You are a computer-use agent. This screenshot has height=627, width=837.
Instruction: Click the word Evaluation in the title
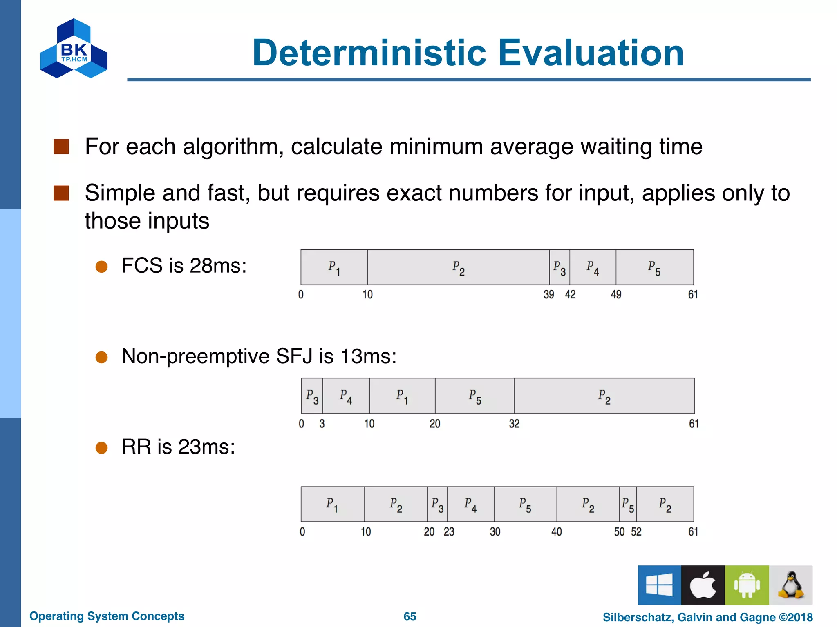(x=591, y=53)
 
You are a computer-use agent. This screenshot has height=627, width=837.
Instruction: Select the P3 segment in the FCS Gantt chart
(x=559, y=267)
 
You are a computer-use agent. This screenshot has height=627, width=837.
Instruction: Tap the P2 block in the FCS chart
(x=458, y=267)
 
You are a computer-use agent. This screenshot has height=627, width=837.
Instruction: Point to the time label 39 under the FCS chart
(x=548, y=295)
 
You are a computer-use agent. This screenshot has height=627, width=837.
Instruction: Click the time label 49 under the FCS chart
(x=616, y=295)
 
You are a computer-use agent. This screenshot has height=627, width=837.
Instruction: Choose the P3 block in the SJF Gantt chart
(x=312, y=396)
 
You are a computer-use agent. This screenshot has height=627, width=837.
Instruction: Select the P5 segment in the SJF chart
(x=474, y=396)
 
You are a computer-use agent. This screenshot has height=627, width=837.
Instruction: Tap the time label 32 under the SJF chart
(x=514, y=424)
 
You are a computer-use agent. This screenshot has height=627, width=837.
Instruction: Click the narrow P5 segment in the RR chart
(x=628, y=505)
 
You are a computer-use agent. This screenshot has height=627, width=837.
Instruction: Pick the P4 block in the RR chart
(x=470, y=505)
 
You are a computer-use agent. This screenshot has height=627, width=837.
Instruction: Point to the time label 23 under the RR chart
(x=449, y=532)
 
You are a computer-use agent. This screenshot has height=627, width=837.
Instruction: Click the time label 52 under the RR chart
(x=636, y=532)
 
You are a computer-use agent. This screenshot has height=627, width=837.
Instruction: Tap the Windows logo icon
(x=659, y=585)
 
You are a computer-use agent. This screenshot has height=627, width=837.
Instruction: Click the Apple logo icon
(x=703, y=585)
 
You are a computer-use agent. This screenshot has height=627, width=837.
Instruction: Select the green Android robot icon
(x=747, y=585)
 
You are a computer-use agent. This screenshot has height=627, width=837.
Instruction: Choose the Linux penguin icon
(x=791, y=585)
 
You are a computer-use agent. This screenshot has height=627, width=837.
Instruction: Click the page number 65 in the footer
(x=410, y=616)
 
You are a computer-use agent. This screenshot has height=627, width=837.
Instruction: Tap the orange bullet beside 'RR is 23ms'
(x=101, y=448)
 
